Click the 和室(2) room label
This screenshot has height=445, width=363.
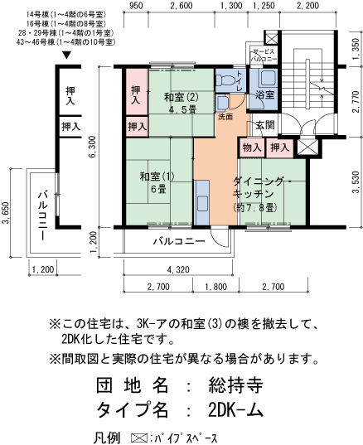pos(181,96)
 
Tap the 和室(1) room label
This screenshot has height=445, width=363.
pos(157,176)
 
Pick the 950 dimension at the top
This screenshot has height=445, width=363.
pos(138,6)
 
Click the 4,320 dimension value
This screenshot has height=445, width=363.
pos(180,270)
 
